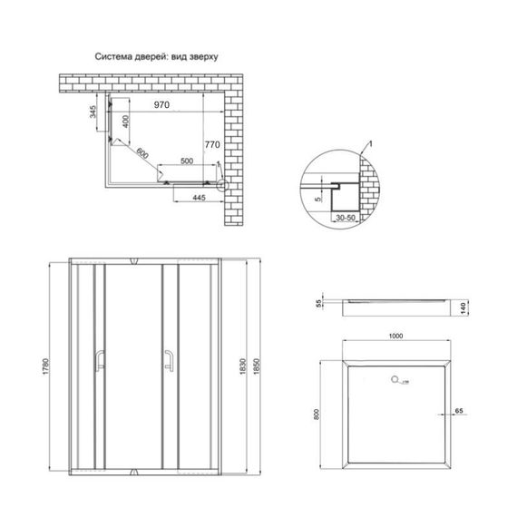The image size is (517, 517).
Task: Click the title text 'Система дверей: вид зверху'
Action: click(158, 56)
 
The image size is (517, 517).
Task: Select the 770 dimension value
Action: click(211, 143)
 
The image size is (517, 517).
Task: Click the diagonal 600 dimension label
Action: click(141, 153)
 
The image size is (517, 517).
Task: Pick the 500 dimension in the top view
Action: click(187, 161)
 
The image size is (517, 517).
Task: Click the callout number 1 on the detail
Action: click(370, 144)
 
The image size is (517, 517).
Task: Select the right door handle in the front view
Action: click(168, 362)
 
